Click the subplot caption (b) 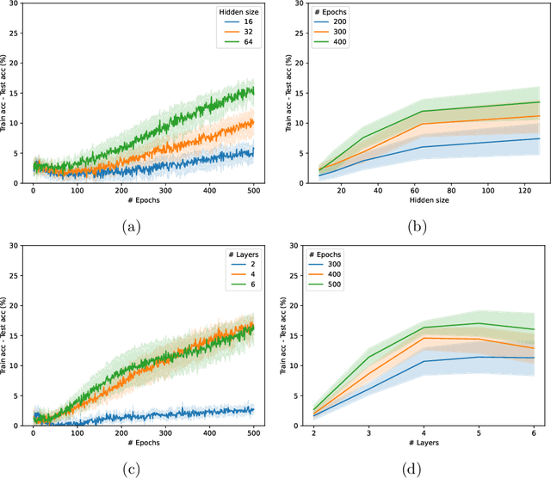coord(419,226)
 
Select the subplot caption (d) coord(419,469)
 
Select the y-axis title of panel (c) coord(7,335)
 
